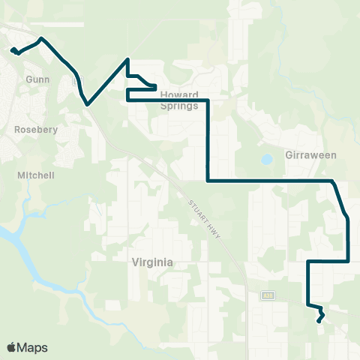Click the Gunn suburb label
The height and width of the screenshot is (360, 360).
(x=37, y=78)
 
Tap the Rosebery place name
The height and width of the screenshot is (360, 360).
(x=31, y=129)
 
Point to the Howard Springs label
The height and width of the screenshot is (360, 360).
(x=179, y=100)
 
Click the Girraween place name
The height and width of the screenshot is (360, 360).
(x=311, y=155)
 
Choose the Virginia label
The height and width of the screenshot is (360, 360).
(x=152, y=262)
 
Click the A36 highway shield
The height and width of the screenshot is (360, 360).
(x=267, y=295)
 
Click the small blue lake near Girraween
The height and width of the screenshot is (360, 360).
(x=266, y=160)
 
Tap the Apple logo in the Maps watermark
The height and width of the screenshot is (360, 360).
(x=12, y=347)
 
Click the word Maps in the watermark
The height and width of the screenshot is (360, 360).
(x=32, y=348)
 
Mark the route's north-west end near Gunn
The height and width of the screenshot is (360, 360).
(x=13, y=50)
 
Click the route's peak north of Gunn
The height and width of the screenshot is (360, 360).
(x=41, y=37)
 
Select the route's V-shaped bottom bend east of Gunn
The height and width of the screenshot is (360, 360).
(x=88, y=104)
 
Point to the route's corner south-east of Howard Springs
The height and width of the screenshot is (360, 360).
(x=207, y=180)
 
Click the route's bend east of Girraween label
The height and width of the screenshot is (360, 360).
(x=332, y=181)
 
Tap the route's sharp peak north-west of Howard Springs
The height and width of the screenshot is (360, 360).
(x=128, y=58)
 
